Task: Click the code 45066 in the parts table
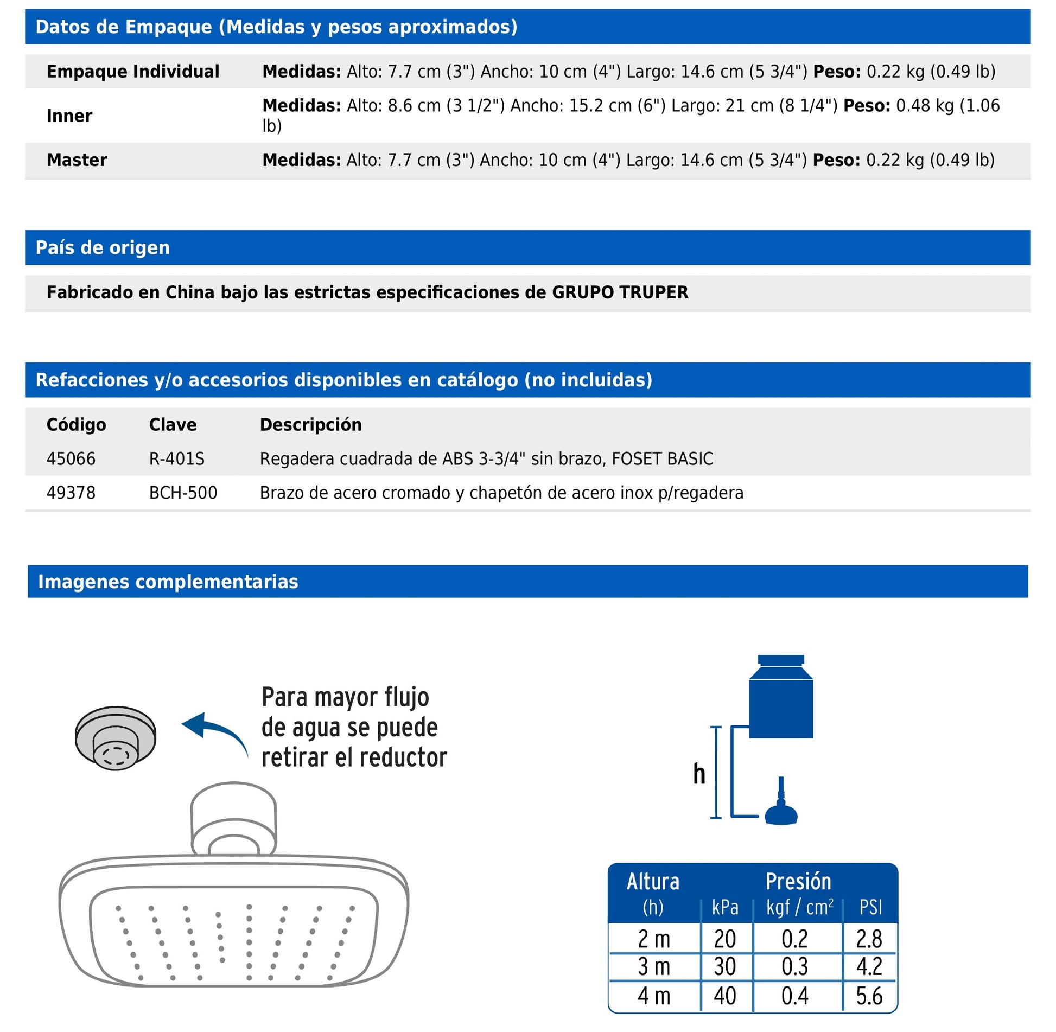click(x=71, y=459)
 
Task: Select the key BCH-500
click(x=183, y=493)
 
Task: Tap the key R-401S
click(x=177, y=459)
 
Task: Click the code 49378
click(x=71, y=493)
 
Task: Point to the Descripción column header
click(x=310, y=425)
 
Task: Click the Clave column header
click(x=173, y=425)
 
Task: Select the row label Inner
click(x=69, y=116)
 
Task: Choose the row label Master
click(x=77, y=161)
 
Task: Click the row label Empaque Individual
click(x=133, y=72)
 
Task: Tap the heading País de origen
click(x=103, y=248)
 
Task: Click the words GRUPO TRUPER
click(x=620, y=292)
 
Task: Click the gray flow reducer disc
click(x=116, y=738)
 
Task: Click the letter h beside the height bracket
click(x=699, y=774)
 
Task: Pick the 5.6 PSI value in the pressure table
click(x=869, y=996)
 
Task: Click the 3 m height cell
click(x=654, y=967)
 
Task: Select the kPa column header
click(x=725, y=907)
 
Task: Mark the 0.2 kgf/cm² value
click(x=795, y=939)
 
